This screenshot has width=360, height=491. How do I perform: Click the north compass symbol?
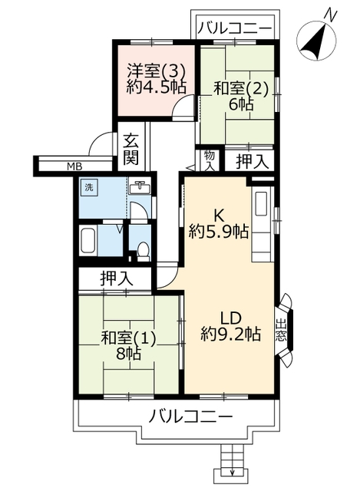(316, 37)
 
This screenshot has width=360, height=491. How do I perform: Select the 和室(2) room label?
(240, 89)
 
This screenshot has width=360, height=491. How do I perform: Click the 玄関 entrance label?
(130, 149)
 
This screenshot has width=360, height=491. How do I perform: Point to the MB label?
(74, 166)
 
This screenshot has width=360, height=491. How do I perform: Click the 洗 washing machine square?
(90, 187)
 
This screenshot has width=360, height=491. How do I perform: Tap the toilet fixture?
(144, 251)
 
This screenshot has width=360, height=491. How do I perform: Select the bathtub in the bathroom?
(88, 241)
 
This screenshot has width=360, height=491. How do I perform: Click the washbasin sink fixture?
(140, 187)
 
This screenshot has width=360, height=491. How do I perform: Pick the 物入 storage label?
(210, 160)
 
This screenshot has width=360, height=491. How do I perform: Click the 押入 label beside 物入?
(253, 161)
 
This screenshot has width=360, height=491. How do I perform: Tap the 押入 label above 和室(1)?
(117, 278)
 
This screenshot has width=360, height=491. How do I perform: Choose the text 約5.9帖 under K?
(219, 232)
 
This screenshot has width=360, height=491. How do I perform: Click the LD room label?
(230, 318)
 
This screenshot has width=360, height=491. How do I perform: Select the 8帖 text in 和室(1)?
(128, 354)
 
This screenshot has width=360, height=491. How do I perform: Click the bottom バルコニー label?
(191, 417)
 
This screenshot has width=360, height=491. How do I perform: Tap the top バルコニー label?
(234, 28)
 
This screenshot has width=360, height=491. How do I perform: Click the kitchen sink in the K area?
(261, 203)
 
